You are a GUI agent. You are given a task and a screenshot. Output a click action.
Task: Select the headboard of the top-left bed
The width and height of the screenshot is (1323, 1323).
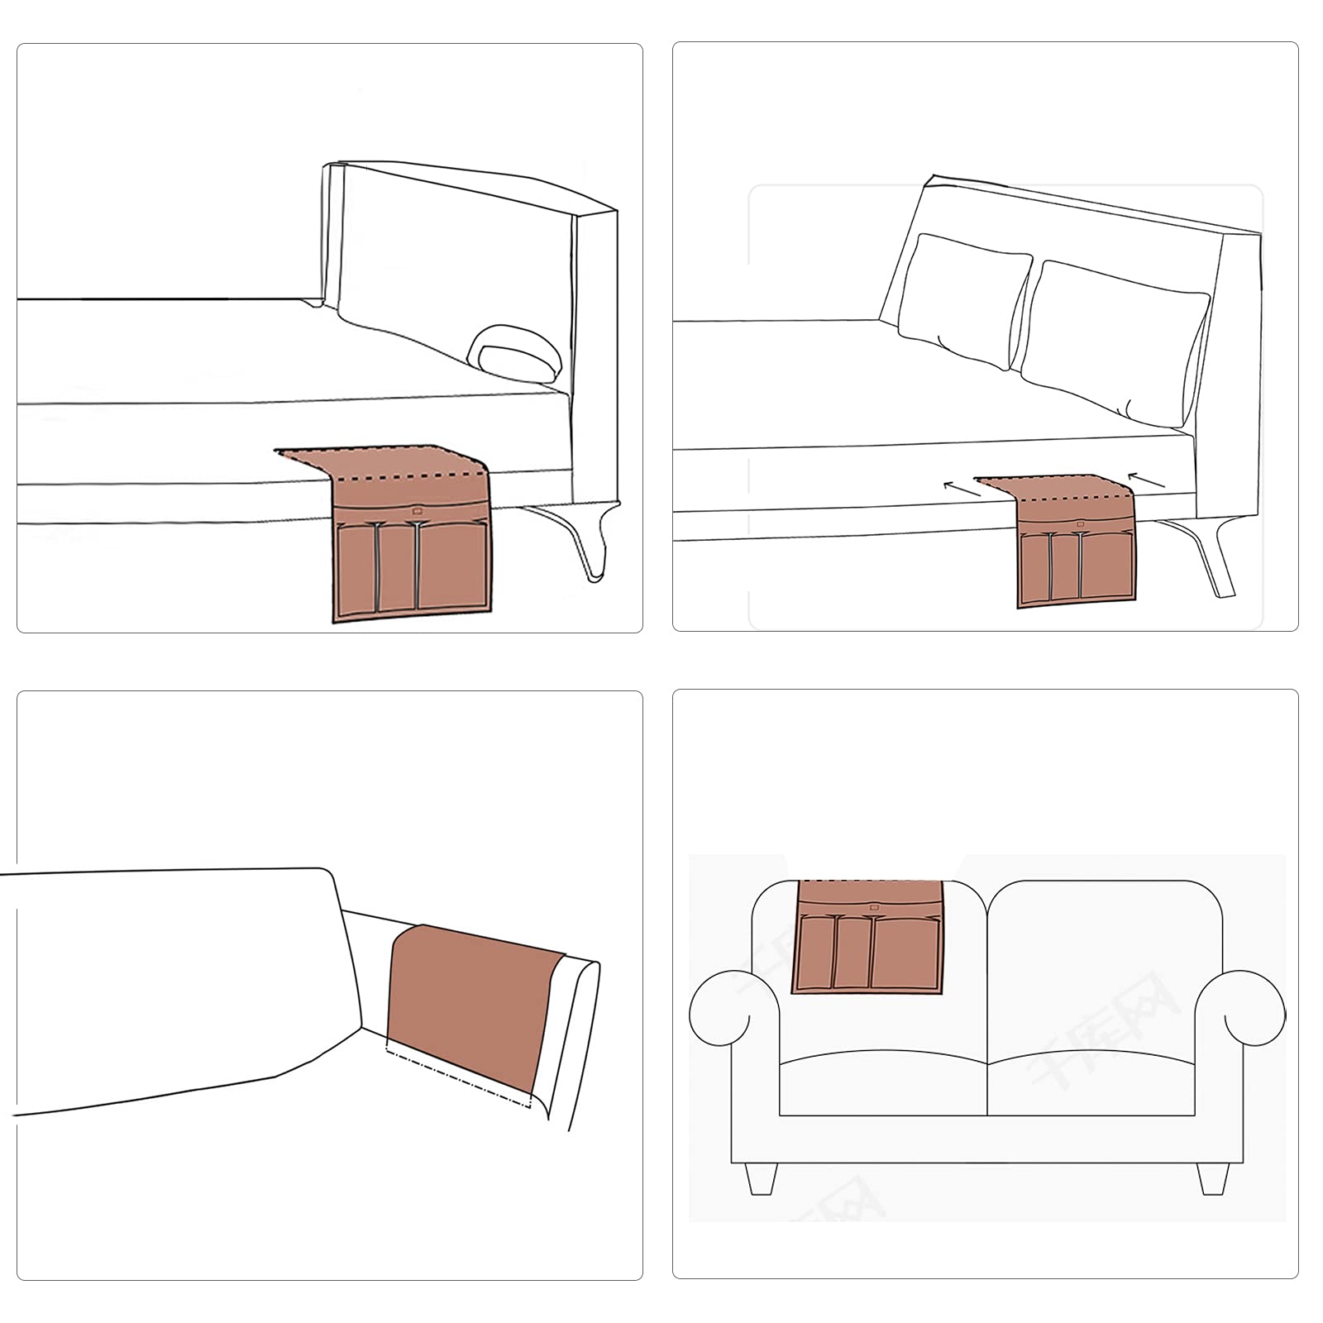463,248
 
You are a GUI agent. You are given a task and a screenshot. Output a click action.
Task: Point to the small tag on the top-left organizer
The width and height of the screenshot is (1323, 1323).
417,511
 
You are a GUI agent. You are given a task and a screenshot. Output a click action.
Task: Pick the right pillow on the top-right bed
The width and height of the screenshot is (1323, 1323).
1112,335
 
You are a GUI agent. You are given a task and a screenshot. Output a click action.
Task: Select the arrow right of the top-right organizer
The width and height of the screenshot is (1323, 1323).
1147,480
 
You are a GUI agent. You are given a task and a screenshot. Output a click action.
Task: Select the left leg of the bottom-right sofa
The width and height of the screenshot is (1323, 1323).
761,1177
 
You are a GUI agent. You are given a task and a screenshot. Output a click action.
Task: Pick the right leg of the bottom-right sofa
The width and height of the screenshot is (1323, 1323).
1212,1177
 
